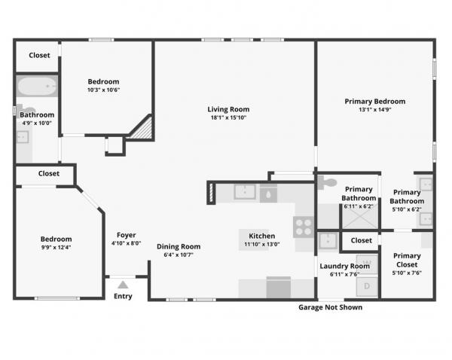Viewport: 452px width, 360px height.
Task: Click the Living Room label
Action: pyautogui.click(x=228, y=109)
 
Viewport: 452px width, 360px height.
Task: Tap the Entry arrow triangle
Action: pyautogui.click(x=123, y=285)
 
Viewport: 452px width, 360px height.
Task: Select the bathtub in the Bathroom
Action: pyautogui.click(x=37, y=86)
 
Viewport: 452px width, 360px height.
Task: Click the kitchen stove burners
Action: pyautogui.click(x=304, y=227)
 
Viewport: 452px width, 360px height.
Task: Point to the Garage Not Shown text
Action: pyautogui.click(x=331, y=307)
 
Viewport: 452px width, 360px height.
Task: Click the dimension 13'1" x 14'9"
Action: pyautogui.click(x=374, y=109)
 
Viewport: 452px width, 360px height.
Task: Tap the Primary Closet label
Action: pyautogui.click(x=407, y=260)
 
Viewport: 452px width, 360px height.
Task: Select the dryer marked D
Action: pyautogui.click(x=367, y=286)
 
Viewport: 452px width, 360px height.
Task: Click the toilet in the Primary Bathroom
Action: pyautogui.click(x=327, y=182)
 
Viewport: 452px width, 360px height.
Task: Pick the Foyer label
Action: pyautogui.click(x=127, y=235)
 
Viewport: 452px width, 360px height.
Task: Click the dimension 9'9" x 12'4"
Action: pyautogui.click(x=56, y=247)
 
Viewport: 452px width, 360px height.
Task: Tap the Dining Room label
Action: pyautogui.click(x=179, y=246)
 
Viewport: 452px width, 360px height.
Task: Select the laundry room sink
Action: pyautogui.click(x=328, y=241)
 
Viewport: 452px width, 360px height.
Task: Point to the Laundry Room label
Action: pyautogui.click(x=345, y=266)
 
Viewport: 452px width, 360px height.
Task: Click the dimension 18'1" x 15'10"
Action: pyautogui.click(x=228, y=117)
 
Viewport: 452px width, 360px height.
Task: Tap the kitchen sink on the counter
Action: pyautogui.click(x=245, y=192)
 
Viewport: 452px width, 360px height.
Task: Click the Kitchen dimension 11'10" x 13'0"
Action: pyautogui.click(x=261, y=244)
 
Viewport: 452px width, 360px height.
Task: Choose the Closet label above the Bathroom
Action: pyautogui.click(x=39, y=55)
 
